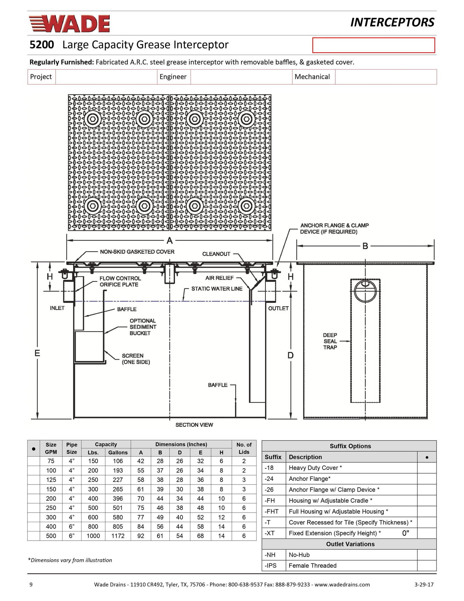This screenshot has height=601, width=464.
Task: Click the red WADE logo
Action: (x=69, y=23)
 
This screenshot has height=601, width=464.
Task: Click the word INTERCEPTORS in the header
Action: (x=392, y=23)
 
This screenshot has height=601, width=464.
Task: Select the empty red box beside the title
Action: (x=373, y=45)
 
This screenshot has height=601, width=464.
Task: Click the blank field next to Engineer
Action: (x=241, y=77)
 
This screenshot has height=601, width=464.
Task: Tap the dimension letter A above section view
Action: (x=169, y=241)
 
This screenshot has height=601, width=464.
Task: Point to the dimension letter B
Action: (x=365, y=246)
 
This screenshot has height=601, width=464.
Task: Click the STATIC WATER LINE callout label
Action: (x=217, y=289)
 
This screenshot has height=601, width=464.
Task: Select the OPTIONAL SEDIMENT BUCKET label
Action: (x=143, y=327)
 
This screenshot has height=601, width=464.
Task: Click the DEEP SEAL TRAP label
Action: (x=330, y=341)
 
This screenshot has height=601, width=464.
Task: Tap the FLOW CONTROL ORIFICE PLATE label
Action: (x=120, y=281)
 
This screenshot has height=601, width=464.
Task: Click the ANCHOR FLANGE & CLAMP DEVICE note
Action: (x=334, y=229)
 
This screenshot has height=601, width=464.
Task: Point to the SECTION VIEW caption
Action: (x=194, y=425)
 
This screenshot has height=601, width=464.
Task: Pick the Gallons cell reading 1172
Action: (x=118, y=536)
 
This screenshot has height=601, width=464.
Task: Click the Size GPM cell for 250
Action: (x=51, y=508)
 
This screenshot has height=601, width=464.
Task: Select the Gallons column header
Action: (x=118, y=453)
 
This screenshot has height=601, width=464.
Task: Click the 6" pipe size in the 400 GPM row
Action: (x=72, y=526)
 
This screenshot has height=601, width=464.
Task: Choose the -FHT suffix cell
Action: (x=272, y=511)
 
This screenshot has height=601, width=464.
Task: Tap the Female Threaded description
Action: (x=312, y=565)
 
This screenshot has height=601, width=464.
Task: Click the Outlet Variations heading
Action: (x=350, y=544)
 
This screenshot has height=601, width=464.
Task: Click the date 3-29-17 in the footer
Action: (x=424, y=584)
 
